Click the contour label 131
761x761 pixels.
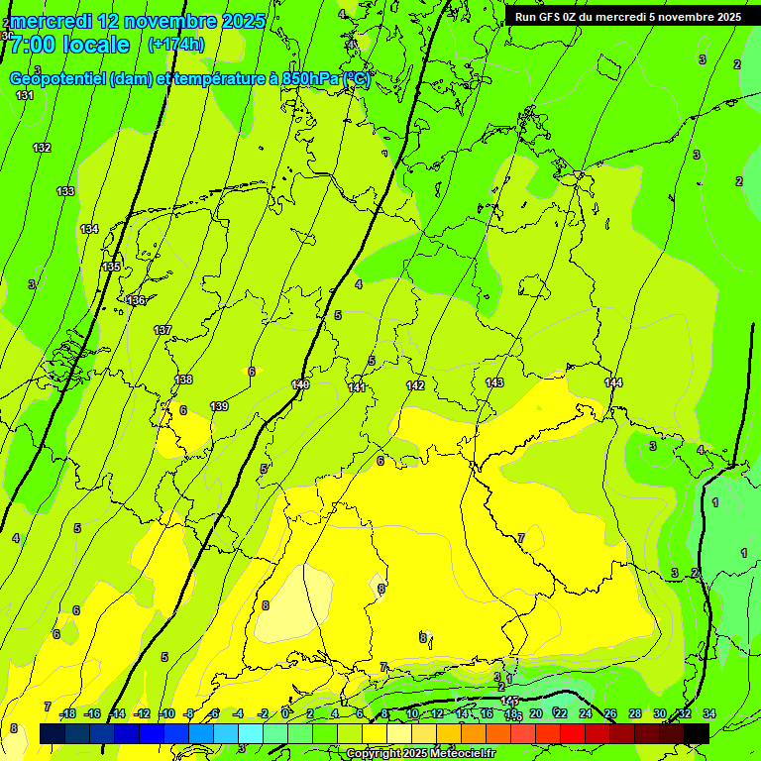tap(25, 95)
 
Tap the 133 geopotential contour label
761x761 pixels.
tap(65, 191)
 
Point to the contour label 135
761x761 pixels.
tap(111, 268)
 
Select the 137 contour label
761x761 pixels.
tap(163, 330)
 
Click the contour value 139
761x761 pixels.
tap(219, 406)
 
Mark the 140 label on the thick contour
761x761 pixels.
tap(301, 384)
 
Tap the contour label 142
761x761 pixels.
tap(415, 385)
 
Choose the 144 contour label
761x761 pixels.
tap(613, 382)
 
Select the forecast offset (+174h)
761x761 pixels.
tap(176, 45)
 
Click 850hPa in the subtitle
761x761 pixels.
tap(303, 79)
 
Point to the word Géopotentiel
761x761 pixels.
tap(58, 79)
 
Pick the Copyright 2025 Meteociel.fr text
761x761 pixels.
tap(420, 754)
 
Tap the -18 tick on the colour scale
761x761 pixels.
tap(67, 713)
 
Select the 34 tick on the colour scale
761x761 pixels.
tap(709, 713)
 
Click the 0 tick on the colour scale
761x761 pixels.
tap(284, 713)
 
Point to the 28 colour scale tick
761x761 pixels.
tap(635, 713)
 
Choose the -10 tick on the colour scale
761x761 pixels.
tap(166, 713)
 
